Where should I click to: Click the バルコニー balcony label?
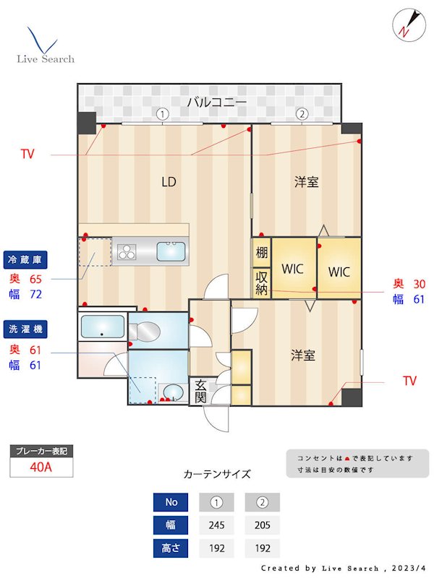click(x=217, y=102)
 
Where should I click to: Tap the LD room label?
click(x=169, y=182)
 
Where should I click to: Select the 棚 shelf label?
click(x=261, y=254)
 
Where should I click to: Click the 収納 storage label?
click(x=261, y=283)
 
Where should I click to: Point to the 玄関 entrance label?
click(x=200, y=392)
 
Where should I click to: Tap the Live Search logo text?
click(x=46, y=59)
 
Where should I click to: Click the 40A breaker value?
click(x=41, y=467)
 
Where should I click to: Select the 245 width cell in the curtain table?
click(x=216, y=525)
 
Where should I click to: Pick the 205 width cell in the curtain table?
click(x=262, y=525)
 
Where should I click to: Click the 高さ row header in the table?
click(x=171, y=548)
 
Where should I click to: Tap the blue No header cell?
click(x=171, y=502)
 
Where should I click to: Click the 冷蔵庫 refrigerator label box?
click(x=26, y=259)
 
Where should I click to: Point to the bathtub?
click(x=102, y=327)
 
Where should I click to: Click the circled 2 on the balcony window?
click(x=302, y=113)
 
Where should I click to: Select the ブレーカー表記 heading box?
click(x=41, y=451)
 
